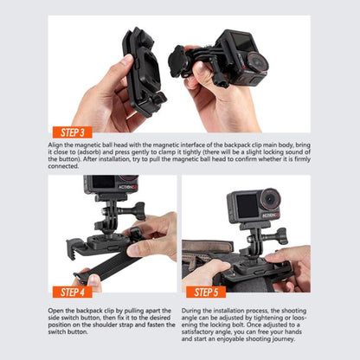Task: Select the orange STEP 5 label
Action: point(206,292)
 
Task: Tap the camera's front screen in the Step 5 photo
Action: point(246,205)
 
